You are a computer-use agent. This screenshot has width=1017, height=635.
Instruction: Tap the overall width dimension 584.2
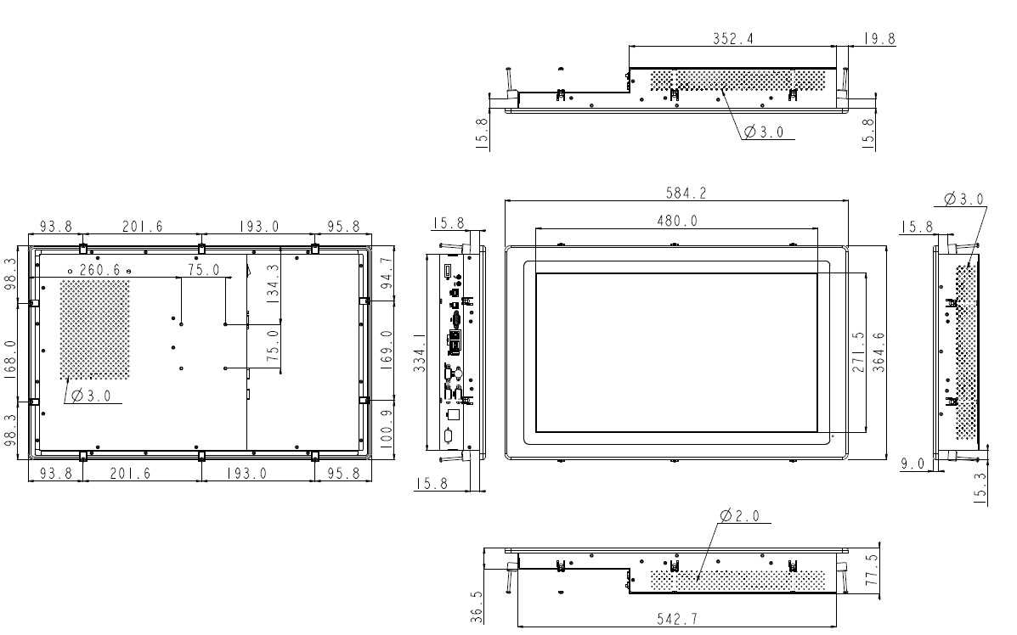685,194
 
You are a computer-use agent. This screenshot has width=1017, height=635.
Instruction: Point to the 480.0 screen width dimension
676,221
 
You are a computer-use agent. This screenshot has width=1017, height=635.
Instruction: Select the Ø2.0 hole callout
740,516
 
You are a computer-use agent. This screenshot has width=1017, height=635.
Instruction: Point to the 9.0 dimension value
912,464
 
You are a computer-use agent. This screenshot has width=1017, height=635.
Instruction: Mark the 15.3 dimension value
983,489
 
